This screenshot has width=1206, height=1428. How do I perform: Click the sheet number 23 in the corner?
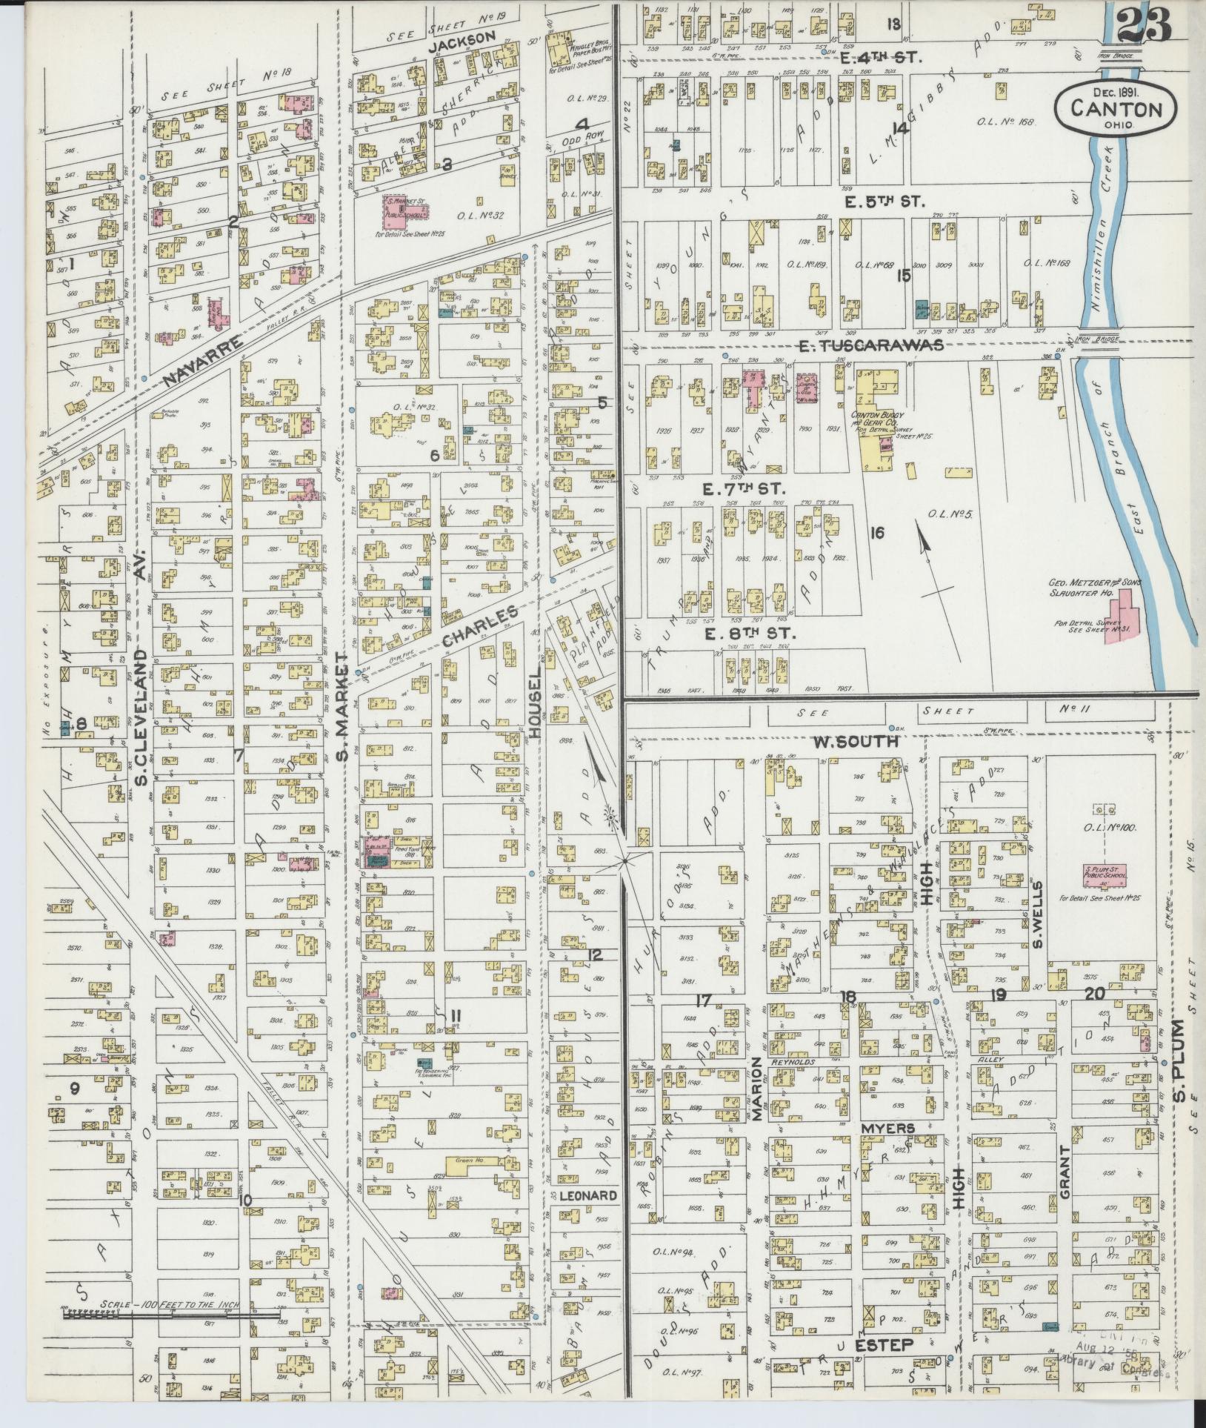[x=1144, y=29]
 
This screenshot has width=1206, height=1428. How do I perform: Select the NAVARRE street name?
[x=202, y=361]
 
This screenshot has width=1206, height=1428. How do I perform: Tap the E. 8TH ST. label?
[x=749, y=634]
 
